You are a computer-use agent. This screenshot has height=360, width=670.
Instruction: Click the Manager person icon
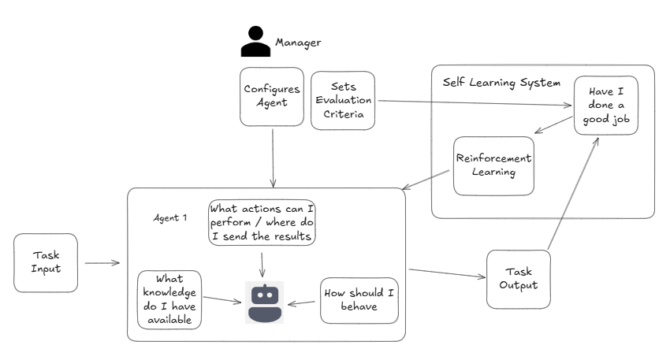(x=255, y=42)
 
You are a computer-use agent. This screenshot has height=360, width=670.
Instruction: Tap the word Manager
(x=298, y=42)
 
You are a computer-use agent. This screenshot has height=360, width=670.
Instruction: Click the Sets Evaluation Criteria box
(x=343, y=100)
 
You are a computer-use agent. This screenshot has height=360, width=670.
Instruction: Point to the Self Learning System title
(x=501, y=82)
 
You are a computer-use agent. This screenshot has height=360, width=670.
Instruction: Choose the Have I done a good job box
(x=604, y=106)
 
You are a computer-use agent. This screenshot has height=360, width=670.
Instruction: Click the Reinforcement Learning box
(x=494, y=165)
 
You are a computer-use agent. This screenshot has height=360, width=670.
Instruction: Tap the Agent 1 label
(x=169, y=217)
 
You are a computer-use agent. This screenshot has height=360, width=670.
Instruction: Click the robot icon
(x=264, y=302)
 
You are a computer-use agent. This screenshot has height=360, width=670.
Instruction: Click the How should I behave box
(x=359, y=299)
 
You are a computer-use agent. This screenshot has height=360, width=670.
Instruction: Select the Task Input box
(x=46, y=262)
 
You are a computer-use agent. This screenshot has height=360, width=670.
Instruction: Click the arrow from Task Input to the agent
(x=102, y=263)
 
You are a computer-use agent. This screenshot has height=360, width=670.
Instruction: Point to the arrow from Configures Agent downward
(x=273, y=158)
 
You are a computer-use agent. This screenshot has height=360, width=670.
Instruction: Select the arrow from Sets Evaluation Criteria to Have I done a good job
(x=473, y=102)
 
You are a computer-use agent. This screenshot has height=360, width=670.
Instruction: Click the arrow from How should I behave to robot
(x=303, y=302)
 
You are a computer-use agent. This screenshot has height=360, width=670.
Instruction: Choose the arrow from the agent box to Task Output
(x=445, y=273)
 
